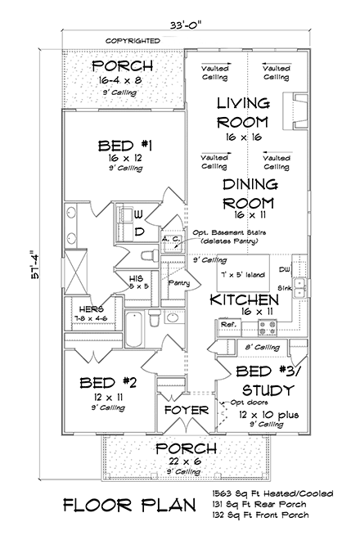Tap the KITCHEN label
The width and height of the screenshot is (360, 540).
coord(245,300)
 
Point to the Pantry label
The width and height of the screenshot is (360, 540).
coord(179,282)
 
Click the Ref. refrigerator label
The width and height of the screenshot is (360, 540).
coord(229,325)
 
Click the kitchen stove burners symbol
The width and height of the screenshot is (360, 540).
coord(268,328)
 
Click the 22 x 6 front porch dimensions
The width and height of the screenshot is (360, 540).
coord(187,462)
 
